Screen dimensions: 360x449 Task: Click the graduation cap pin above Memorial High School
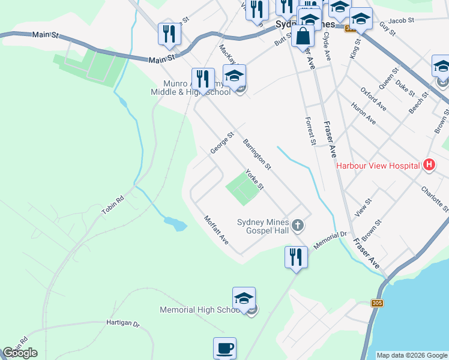click(244, 298)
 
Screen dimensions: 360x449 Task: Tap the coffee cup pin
click(224, 347)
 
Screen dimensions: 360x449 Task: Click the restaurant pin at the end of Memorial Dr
click(295, 257)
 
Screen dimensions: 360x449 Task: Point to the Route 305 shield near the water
click(378, 303)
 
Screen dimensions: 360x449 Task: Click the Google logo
click(20, 353)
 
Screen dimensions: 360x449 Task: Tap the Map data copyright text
click(412, 355)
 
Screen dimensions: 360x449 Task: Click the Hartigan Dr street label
click(122, 323)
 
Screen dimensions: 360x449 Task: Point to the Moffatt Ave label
click(216, 230)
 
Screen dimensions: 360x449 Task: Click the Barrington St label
click(258, 153)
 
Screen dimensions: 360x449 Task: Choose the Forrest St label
click(310, 131)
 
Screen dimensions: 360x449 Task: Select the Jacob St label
click(402, 20)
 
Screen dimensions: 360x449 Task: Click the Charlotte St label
click(435, 198)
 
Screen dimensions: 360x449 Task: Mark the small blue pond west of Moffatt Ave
click(175, 224)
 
